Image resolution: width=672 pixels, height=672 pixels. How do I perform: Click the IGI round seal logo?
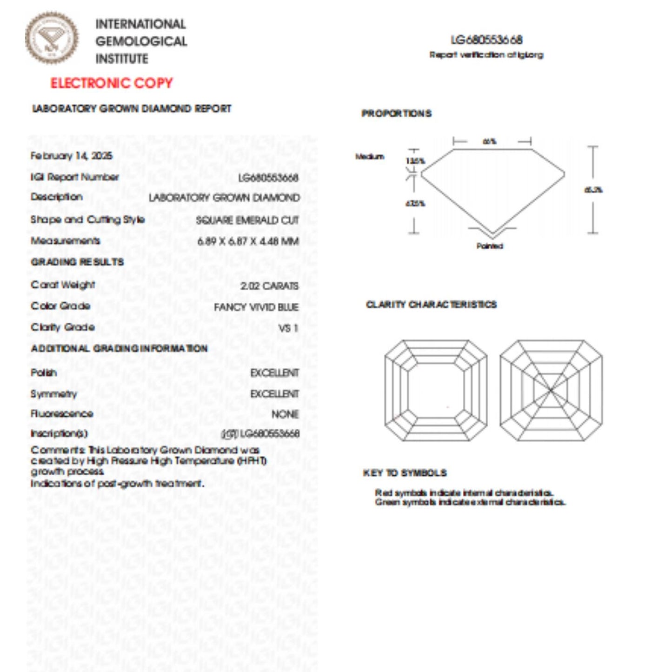click(x=52, y=38)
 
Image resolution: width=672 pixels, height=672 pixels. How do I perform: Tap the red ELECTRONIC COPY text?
click(x=112, y=83)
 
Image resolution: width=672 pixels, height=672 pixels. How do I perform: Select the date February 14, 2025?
click(x=71, y=156)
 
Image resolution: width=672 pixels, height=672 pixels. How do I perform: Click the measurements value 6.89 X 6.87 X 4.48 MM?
click(x=248, y=241)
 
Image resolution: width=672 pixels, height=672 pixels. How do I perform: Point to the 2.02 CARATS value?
click(x=269, y=286)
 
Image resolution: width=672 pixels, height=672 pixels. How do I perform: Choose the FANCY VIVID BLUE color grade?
click(x=256, y=307)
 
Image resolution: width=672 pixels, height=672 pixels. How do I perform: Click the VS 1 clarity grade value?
click(x=288, y=328)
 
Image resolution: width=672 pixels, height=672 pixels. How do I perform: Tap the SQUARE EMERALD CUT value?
click(x=247, y=220)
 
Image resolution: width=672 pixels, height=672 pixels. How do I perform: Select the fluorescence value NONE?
click(x=285, y=414)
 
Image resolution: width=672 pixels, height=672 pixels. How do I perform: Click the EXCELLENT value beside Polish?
click(x=274, y=373)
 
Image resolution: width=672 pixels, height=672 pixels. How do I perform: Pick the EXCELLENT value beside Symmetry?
click(x=274, y=394)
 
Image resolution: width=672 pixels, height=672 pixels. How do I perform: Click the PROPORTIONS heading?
click(x=396, y=113)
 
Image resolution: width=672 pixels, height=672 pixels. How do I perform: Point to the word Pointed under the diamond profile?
click(x=490, y=246)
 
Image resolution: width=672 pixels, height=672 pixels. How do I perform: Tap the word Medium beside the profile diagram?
click(x=370, y=157)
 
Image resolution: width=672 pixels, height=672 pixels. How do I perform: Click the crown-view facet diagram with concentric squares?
click(x=436, y=391)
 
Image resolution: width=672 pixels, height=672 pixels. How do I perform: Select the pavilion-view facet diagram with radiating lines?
click(x=551, y=391)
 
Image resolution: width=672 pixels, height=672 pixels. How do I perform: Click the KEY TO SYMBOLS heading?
click(x=405, y=473)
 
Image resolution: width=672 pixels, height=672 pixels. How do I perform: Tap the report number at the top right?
click(x=486, y=40)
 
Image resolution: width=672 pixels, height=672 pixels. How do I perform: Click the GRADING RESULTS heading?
click(x=77, y=262)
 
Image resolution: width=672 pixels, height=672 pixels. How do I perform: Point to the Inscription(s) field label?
click(x=59, y=434)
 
